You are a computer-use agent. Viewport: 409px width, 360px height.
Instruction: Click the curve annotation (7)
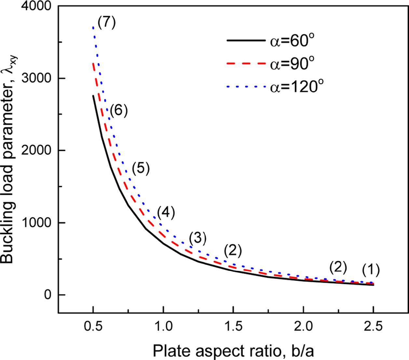pos(106,23)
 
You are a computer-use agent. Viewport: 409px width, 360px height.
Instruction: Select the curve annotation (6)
pos(118,111)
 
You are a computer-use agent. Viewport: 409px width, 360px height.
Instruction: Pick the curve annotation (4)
pos(166,213)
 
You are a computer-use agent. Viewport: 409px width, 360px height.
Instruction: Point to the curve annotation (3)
pos(198,239)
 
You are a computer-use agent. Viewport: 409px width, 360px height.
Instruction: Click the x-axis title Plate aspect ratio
pos(233,350)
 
